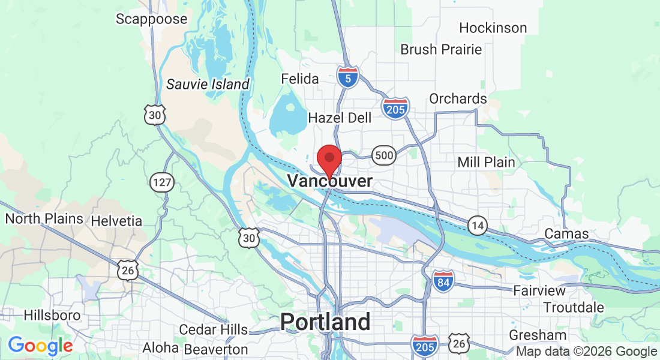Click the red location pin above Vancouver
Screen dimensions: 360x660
coord(329,160)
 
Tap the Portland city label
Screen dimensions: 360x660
coord(325,322)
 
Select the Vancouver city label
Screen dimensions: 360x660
coord(329,181)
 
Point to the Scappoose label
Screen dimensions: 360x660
coord(152,19)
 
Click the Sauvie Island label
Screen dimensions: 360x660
coord(207,84)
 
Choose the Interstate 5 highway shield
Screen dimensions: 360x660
coord(347,77)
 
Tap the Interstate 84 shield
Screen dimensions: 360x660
coord(443,280)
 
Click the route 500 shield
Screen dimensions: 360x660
coord(383,156)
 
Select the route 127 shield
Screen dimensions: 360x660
coord(162,182)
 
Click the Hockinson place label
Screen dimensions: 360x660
coord(493,28)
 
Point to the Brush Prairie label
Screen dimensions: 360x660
coord(441,49)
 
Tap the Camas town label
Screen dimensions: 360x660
coord(566,234)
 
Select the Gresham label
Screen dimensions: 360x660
coord(538,335)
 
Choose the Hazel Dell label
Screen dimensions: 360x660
coord(340,118)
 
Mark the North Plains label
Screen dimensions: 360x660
coord(44,219)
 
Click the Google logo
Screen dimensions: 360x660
coord(40,345)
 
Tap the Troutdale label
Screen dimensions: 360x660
coord(574,307)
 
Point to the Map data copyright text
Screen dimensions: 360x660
coord(586,352)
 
